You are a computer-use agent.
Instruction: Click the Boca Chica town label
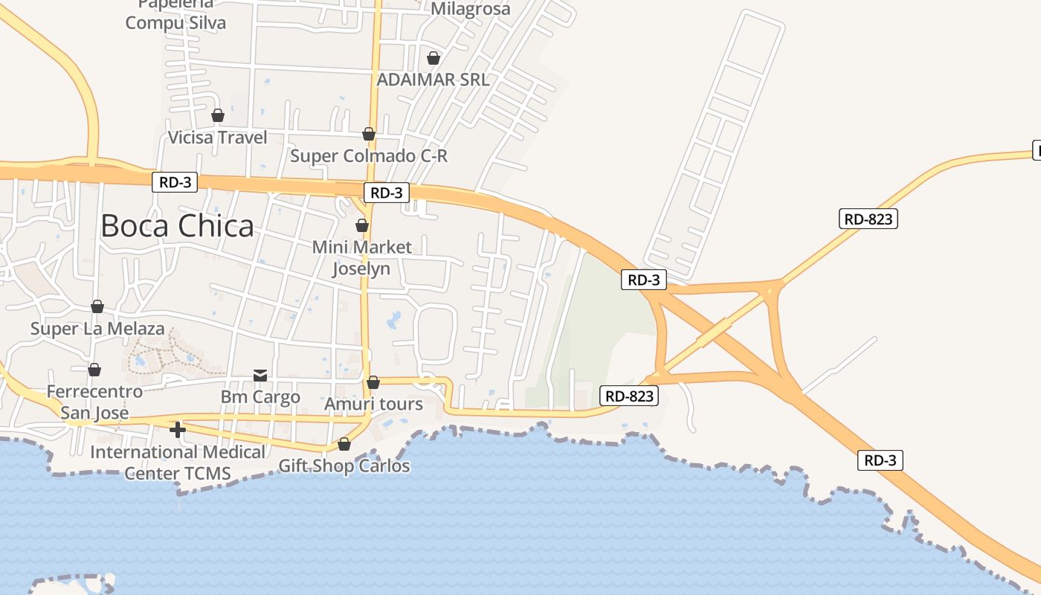point(177,226)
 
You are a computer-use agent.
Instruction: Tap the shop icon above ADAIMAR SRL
point(434,58)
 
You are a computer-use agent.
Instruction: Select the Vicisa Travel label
point(217,138)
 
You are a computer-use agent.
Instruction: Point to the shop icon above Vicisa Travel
point(218,115)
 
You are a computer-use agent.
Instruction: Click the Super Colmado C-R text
point(369,156)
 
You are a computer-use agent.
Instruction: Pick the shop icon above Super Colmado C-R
point(369,134)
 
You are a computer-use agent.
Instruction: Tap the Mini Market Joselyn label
point(362,257)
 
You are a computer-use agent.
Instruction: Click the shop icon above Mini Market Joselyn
point(362,225)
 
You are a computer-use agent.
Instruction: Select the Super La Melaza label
point(97,329)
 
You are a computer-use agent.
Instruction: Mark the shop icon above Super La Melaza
point(97,306)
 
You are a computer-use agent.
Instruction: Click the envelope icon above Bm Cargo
point(260,375)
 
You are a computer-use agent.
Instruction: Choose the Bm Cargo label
point(260,397)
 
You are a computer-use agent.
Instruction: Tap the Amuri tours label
point(373,405)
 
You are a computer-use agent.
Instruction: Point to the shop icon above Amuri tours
point(373,382)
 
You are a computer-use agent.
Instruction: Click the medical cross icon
point(177,430)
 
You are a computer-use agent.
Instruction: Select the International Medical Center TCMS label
point(178,463)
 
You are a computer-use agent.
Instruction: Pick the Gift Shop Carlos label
point(344,466)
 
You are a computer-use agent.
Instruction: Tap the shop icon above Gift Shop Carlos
point(344,444)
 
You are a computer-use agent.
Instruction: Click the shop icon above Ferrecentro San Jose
point(94,370)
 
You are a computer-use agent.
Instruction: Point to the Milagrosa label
point(471,9)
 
